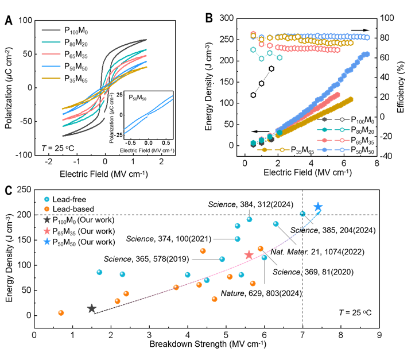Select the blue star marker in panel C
318,207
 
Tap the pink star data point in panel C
249,255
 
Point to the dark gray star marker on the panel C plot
92,309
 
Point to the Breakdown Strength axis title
207,344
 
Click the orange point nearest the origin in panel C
61,313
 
